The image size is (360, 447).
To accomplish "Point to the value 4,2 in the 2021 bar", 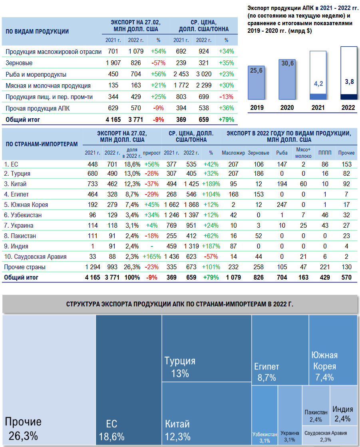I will pyautogui.click(x=318, y=84).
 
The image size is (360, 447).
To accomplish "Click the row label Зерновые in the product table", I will pyautogui.click(x=19, y=63).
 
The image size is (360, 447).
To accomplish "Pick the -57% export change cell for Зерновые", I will pyautogui.click(x=158, y=63).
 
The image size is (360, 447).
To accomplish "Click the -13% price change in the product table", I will pyautogui.click(x=227, y=97).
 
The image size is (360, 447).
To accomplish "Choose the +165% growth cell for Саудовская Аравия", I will pyautogui.click(x=152, y=257).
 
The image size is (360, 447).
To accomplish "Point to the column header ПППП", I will pyautogui.click(x=322, y=153).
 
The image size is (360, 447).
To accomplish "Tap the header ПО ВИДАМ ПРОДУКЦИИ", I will pyautogui.click(x=37, y=32).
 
